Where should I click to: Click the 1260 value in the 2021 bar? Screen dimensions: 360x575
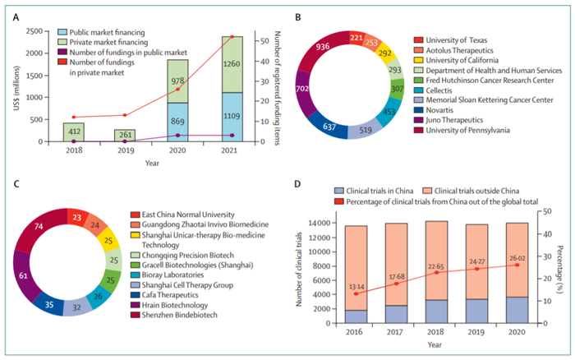231,62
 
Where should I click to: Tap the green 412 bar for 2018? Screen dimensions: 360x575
73,132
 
